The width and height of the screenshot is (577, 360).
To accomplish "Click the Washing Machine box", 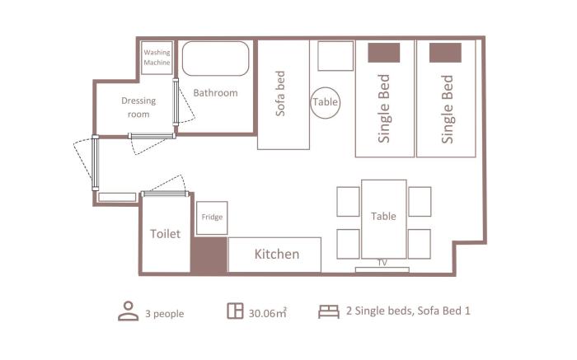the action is tap(157, 58).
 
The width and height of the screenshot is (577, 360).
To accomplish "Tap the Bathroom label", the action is tap(215, 92).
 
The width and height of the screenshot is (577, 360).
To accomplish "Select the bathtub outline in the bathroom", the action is tap(216, 41).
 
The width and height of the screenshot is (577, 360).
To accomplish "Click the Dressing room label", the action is tap(138, 107).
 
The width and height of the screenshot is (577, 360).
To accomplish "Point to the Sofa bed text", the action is tap(280, 93).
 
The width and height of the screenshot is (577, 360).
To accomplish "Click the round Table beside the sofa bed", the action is tap(326, 87).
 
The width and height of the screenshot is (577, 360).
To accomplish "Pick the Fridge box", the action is tap(212, 218).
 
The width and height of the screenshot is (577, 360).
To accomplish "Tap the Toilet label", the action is tap(165, 233).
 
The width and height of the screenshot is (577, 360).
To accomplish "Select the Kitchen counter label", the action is tap(277, 254).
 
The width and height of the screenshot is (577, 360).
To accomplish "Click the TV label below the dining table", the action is tap(382, 263).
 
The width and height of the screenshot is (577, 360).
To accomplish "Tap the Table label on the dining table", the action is tap(383, 216).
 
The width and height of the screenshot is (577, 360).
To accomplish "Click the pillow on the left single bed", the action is tap(384, 53).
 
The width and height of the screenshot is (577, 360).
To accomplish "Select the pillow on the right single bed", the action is tap(445, 53).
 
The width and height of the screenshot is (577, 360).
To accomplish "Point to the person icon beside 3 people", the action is tap(129, 311).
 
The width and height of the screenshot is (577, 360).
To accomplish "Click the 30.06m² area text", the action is tap(268, 313).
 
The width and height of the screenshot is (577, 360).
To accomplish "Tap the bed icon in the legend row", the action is tap(329, 311).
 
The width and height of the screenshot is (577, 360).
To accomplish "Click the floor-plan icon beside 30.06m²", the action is tap(235, 311).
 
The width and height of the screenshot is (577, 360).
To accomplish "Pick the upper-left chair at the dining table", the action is tap(348, 202).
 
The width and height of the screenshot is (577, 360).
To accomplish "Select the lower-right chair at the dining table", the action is tap(420, 244).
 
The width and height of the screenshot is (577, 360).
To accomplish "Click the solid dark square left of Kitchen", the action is tap(209, 255).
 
